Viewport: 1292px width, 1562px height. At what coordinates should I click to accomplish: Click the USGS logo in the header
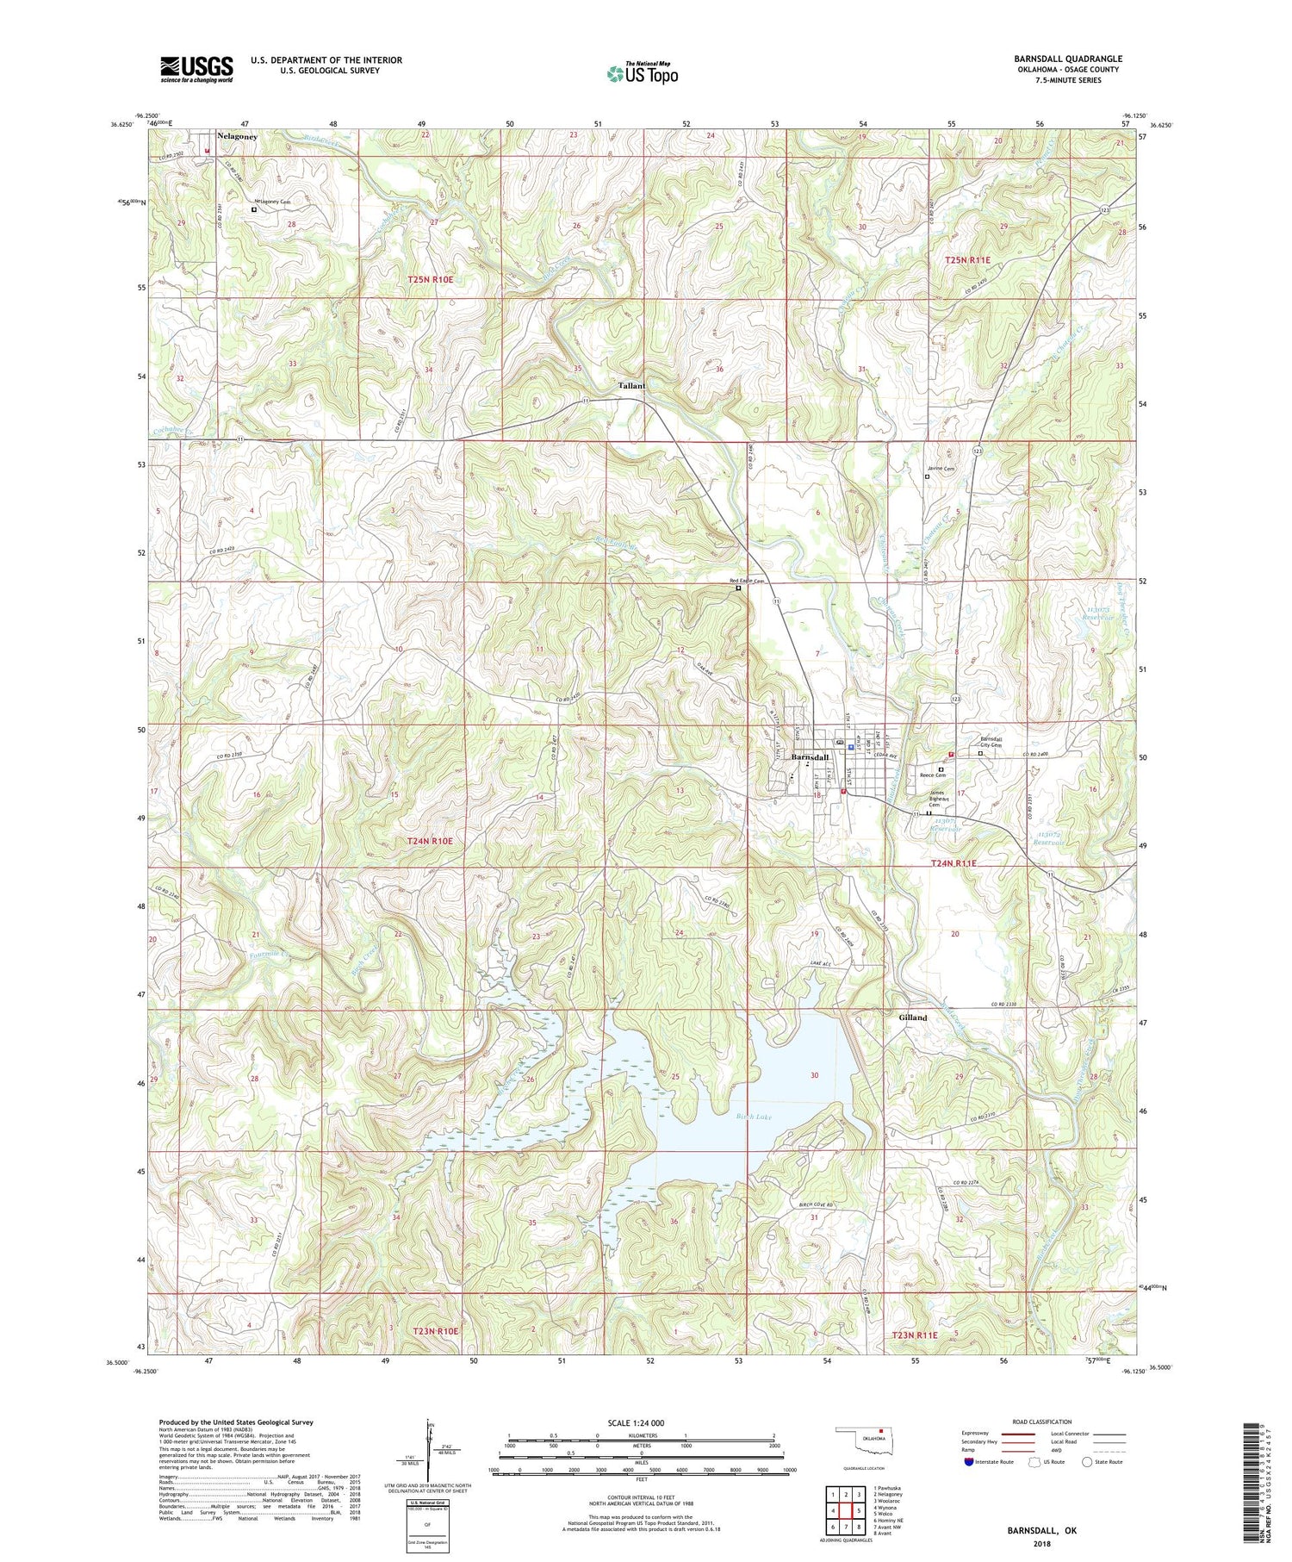tap(196, 68)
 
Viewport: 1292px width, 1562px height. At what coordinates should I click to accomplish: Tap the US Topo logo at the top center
tap(642, 74)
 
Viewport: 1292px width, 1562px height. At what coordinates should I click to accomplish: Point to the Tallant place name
tap(630, 386)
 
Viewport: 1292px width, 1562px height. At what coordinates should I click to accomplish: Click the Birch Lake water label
tap(755, 1116)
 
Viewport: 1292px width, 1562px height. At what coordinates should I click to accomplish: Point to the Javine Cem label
tap(940, 469)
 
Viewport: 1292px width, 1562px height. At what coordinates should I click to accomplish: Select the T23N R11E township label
tap(924, 1335)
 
